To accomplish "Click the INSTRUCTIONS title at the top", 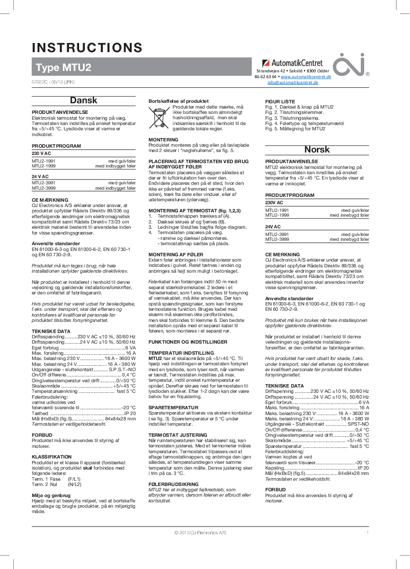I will click(x=87, y=48).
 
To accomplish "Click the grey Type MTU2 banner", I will click(x=142, y=67).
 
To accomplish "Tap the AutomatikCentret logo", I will click(x=292, y=63).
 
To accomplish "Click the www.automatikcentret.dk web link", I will click(x=305, y=77).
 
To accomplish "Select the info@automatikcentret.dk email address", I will click(x=293, y=83).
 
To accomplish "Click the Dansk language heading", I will click(x=83, y=100).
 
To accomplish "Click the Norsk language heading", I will click(x=317, y=149).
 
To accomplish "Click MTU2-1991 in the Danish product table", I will click(x=44, y=162).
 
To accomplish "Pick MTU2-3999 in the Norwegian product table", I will click(x=277, y=239).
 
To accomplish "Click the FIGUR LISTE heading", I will click(x=280, y=101).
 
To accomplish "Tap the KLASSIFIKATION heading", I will click(x=52, y=456).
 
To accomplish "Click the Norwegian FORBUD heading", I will click(x=275, y=489).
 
